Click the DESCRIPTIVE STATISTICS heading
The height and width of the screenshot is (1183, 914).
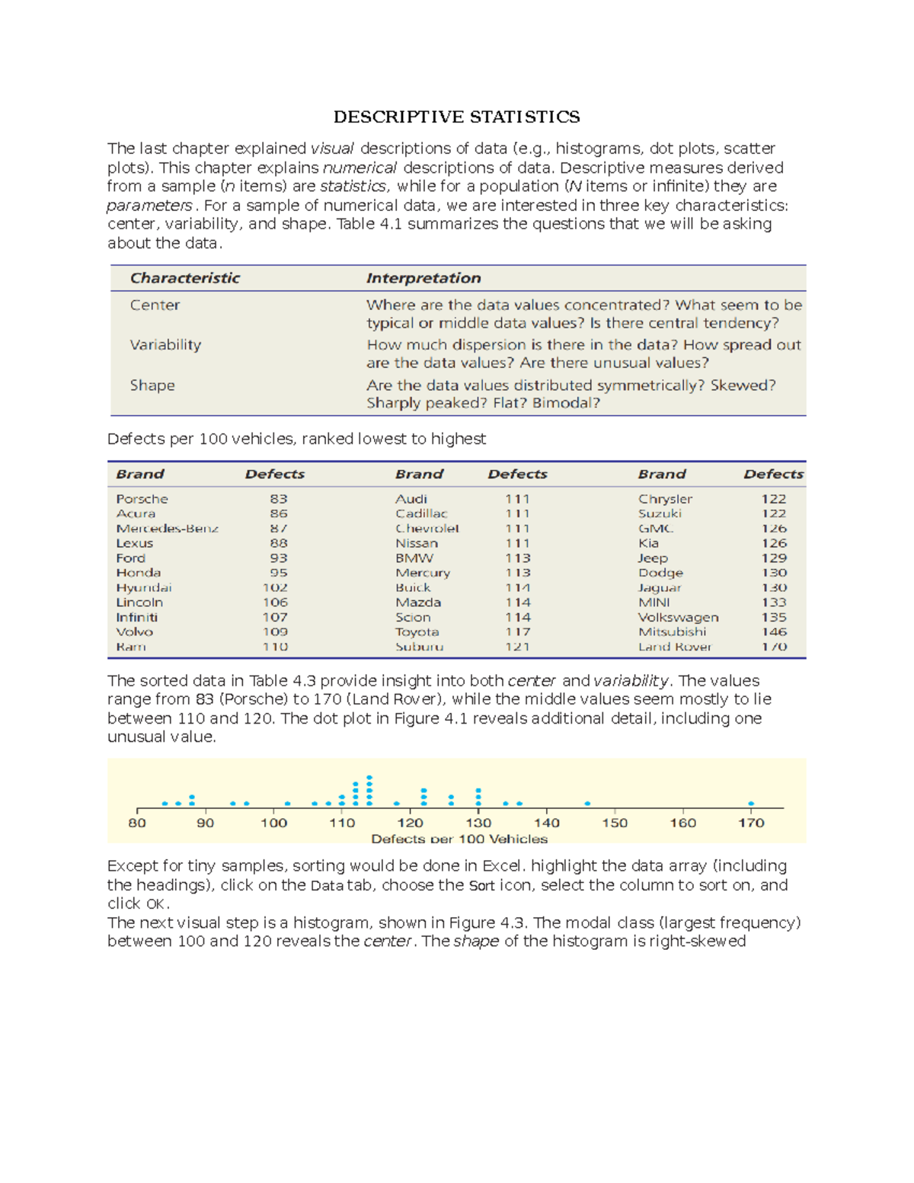456,117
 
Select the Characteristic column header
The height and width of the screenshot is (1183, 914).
184,278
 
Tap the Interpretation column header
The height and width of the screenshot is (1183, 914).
423,278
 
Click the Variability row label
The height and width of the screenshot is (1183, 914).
165,345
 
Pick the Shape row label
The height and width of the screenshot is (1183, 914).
152,385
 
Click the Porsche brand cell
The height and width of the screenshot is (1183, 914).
142,499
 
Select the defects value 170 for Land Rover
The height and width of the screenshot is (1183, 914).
774,647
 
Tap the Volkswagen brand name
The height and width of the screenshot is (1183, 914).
678,617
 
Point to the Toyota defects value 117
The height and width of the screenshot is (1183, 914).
518,632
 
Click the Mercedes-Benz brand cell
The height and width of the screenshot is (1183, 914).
167,529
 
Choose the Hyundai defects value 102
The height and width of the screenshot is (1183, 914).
275,587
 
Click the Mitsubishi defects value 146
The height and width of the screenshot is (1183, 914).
774,632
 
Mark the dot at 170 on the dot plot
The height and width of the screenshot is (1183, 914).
751,804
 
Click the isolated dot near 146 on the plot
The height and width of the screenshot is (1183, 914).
587,804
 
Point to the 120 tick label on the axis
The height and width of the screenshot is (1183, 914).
410,823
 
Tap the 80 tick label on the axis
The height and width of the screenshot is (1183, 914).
137,823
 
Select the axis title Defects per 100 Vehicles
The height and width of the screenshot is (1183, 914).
459,839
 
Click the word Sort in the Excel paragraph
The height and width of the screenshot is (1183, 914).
481,886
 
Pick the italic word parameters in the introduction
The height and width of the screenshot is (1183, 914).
149,206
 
